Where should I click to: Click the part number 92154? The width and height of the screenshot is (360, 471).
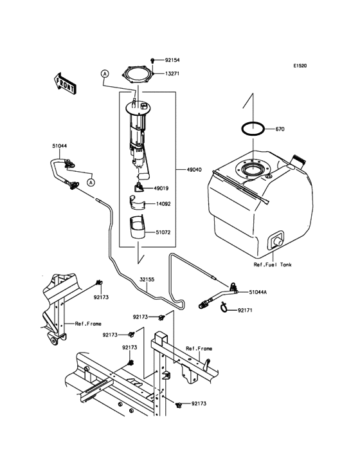click(172, 59)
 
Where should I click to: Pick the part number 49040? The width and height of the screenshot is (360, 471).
click(193, 170)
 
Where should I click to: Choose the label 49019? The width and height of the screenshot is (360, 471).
click(161, 189)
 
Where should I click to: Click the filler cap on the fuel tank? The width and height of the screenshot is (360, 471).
click(296, 160)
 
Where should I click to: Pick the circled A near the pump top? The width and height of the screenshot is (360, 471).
click(104, 75)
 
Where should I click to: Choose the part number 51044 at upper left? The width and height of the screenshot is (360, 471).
click(60, 146)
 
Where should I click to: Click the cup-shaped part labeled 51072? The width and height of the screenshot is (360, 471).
click(138, 228)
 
